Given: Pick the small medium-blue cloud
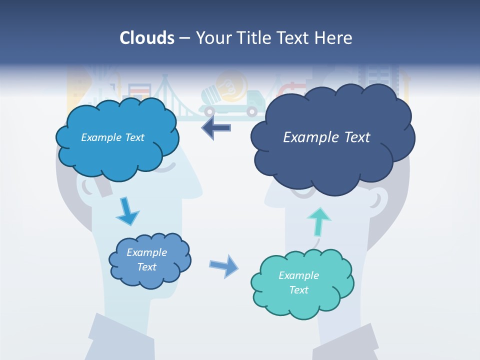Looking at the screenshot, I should click(x=149, y=260).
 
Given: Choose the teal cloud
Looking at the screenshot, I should click(x=301, y=283).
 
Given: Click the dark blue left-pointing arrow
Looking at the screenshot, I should click(x=216, y=127).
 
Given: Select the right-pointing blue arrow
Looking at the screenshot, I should click(x=224, y=265).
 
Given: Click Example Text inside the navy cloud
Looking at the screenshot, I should click(x=326, y=137).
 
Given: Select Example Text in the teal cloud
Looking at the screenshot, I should click(x=298, y=282).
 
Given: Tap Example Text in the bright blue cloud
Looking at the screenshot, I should click(x=112, y=137).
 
